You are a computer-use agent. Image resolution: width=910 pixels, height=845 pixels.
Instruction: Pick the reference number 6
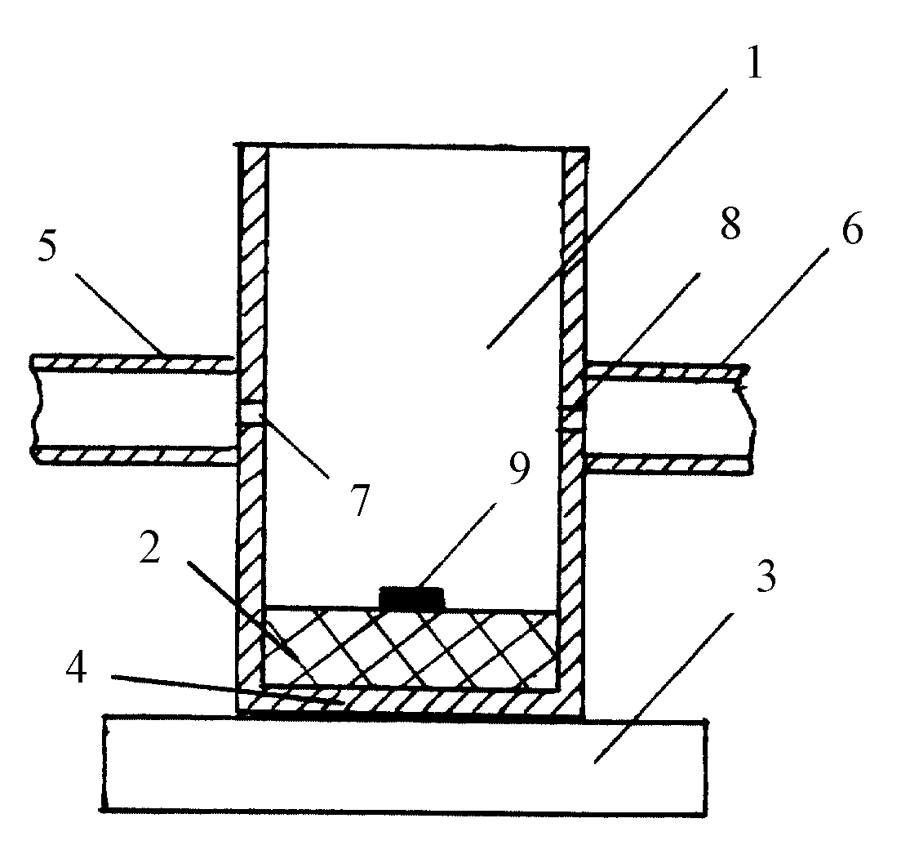[x=852, y=228]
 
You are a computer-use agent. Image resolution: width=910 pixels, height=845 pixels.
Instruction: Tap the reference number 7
[x=361, y=500]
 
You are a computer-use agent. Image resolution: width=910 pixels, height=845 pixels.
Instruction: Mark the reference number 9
[x=519, y=468]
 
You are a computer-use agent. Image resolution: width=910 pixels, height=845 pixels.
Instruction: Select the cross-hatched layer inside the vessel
[x=410, y=647]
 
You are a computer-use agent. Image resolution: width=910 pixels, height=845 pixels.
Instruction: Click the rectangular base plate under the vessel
[x=406, y=766]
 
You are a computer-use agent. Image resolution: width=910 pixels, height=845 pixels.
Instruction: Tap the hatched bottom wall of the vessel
[x=410, y=701]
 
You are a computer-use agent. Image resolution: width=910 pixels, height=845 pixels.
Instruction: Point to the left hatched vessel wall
[x=252, y=418]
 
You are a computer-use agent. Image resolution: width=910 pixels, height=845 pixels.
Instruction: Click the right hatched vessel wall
[x=574, y=418]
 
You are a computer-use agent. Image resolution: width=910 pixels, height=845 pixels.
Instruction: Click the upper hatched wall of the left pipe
[x=135, y=363]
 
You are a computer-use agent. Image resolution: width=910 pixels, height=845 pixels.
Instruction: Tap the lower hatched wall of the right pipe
[x=670, y=464]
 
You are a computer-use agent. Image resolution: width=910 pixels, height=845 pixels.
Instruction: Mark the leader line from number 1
[x=607, y=218]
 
